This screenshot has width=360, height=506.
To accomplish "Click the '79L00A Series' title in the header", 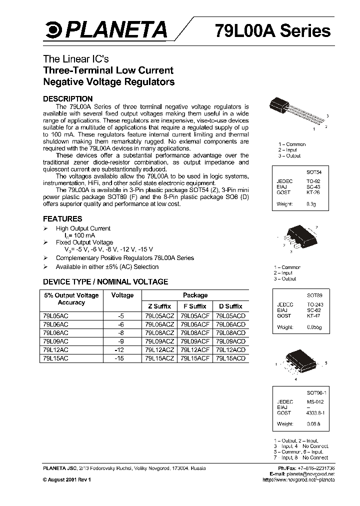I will [272, 30].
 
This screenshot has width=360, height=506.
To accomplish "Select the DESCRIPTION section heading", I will [67, 99].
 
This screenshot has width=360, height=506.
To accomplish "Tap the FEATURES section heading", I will [62, 219].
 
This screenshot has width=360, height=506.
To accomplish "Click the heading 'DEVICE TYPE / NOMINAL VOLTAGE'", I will [105, 281].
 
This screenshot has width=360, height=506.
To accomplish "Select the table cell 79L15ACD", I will [230, 358].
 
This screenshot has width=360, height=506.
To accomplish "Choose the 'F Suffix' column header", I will [195, 306].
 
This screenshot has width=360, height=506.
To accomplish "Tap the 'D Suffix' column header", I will [230, 306].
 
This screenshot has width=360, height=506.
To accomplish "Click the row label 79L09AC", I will [54, 341].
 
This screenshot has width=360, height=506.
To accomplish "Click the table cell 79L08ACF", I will [195, 332].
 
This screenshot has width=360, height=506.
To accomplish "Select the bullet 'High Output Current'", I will [83, 228].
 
